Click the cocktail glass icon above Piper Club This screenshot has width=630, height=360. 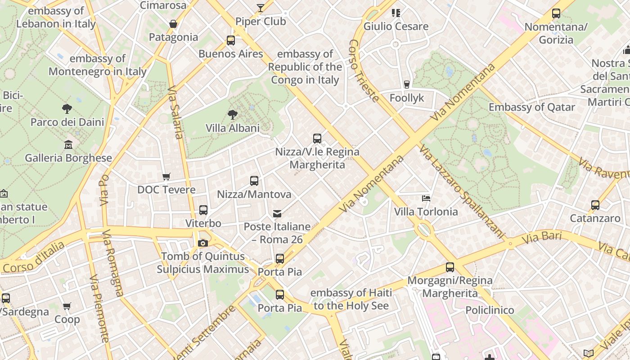261,8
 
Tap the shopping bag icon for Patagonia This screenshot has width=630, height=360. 173,24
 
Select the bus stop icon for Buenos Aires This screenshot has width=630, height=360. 231,40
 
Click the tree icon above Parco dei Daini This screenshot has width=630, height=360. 67,108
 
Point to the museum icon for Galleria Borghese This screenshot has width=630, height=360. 68,144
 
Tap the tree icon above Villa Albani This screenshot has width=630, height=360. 233,114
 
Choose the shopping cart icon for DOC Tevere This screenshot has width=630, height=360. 166,176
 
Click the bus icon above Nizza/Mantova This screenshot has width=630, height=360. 254,181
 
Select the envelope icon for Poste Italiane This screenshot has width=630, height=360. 277,213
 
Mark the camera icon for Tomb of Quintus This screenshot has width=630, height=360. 203,243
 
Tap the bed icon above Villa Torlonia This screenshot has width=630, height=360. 426,198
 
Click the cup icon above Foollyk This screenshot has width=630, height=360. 407,84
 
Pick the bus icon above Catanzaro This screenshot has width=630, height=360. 595,205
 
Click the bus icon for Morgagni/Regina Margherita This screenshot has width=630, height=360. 450,267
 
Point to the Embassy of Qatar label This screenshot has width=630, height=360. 531,107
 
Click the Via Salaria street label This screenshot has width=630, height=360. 175,112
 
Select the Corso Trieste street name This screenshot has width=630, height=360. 364,71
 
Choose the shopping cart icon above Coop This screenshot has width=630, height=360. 67,306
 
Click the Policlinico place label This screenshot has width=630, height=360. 490,310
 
